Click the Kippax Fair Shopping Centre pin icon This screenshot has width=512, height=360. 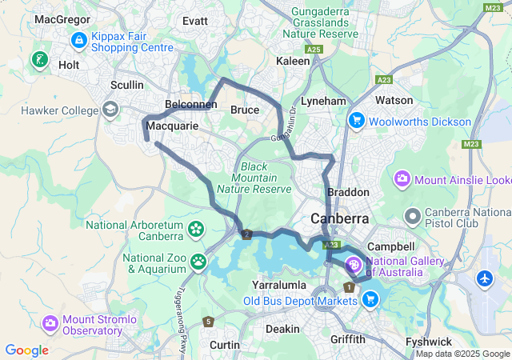pos(79,39)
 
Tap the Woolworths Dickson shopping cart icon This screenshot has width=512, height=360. pos(356,120)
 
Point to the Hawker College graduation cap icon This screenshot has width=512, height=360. pos(110,110)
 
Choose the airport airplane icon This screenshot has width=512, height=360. pos(486,279)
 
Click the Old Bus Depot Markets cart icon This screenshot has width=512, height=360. pos(370,299)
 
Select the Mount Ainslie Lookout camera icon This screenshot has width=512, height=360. pos(402,178)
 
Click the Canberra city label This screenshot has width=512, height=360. pos(340,218)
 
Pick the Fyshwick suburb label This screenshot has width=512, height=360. pos(429,341)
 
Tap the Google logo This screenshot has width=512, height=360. pos(26,350)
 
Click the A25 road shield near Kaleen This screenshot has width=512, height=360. pos(317,50)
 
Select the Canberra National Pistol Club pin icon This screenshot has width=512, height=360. pos(413,215)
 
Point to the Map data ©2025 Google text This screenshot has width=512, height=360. pos(462,354)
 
